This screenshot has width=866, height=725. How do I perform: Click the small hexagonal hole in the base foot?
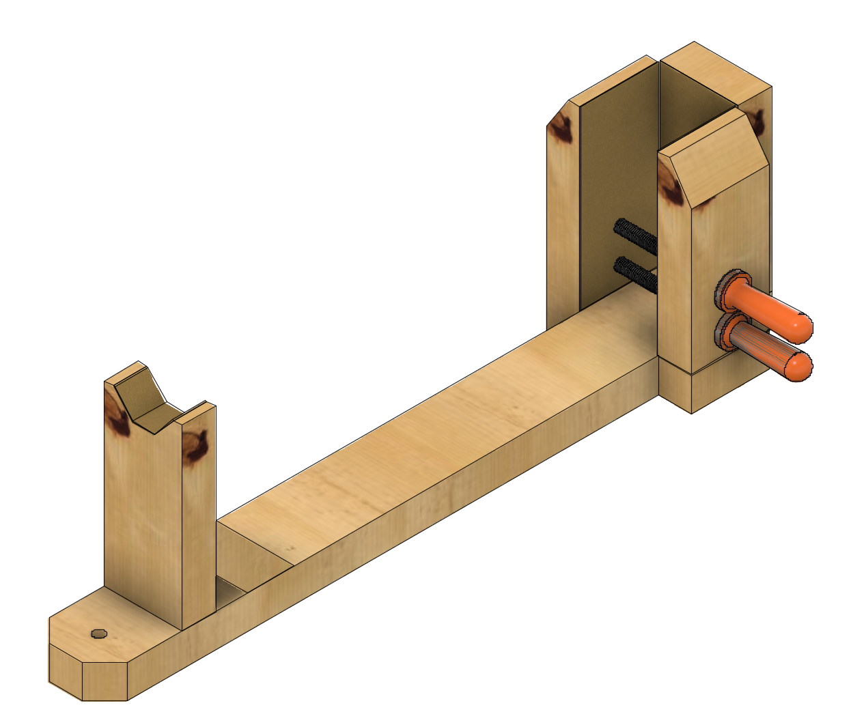click(x=99, y=634)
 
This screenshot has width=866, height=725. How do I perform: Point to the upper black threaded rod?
click(x=635, y=235)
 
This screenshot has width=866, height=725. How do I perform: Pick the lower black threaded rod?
click(x=635, y=272)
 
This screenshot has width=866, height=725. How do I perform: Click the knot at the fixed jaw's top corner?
click(x=561, y=127)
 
